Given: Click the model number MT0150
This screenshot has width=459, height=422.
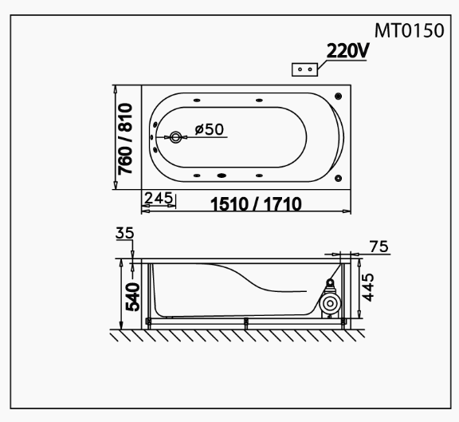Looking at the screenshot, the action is [x=410, y=30].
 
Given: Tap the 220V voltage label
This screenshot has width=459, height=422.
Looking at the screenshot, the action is [x=347, y=51].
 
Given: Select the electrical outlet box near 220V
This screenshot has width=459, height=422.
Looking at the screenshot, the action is [x=304, y=69].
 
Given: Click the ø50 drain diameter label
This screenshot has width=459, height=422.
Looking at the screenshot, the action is [x=210, y=129].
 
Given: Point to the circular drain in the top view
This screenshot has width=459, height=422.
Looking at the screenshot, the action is [x=175, y=137].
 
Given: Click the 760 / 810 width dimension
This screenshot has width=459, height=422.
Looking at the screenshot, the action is [x=125, y=139].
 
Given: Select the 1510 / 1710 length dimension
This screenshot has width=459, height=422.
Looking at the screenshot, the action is [x=256, y=204].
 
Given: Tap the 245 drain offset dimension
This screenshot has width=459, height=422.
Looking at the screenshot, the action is [x=159, y=198].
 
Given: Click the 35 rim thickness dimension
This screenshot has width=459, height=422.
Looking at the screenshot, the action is [x=124, y=233].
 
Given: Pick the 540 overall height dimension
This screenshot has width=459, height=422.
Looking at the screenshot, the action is [x=133, y=297].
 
